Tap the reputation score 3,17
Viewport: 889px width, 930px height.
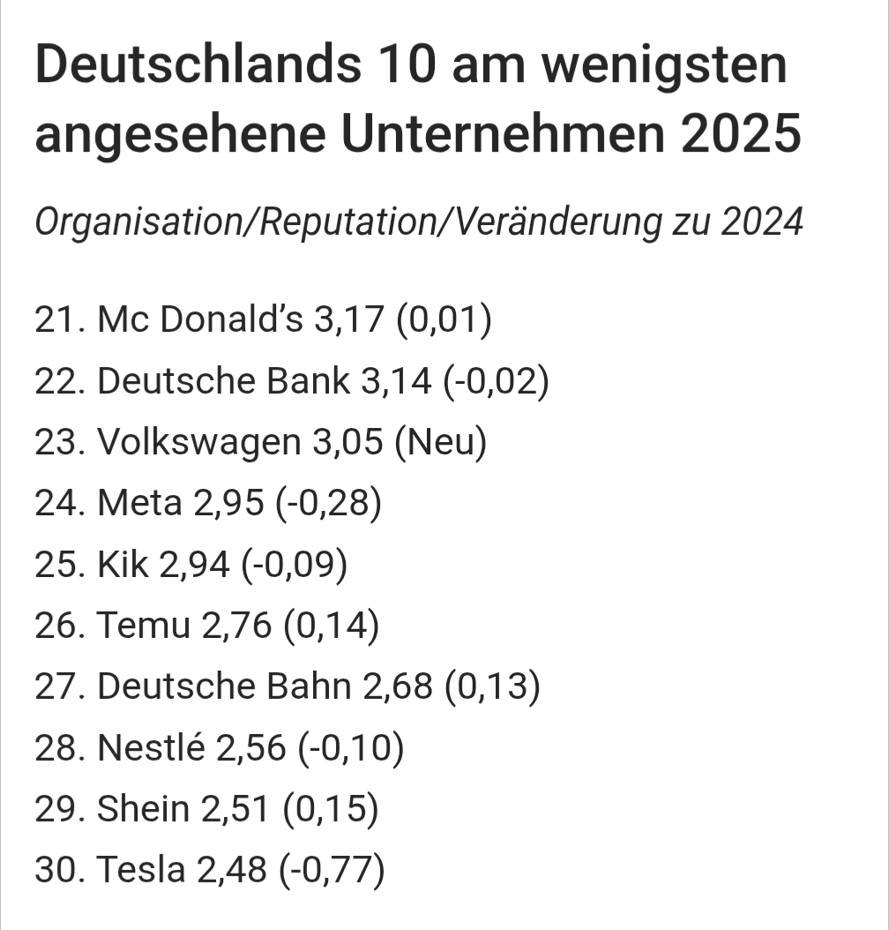tap(348, 320)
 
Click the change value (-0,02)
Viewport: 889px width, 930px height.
tap(497, 381)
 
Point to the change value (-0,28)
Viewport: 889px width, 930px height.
tap(328, 504)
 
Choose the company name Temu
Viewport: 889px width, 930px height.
tap(144, 626)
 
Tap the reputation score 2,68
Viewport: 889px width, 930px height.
tap(398, 687)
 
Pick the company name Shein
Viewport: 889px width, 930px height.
tap(143, 809)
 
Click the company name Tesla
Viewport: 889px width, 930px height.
tap(141, 870)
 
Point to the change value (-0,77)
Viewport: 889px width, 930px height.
tap(332, 870)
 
